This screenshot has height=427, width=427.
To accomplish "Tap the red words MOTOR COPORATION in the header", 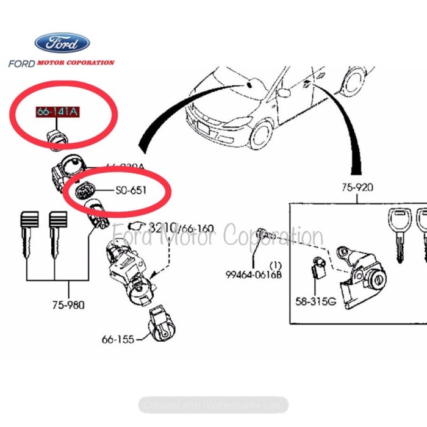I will coord(76,62).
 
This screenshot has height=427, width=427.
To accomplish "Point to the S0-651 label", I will coord(131,190).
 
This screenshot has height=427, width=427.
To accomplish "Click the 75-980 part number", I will coord(68,305).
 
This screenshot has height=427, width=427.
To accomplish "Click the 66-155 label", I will coord(117,339).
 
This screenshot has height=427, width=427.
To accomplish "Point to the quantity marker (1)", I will coord(276,265).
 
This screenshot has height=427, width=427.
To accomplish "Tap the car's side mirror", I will coord(284,93).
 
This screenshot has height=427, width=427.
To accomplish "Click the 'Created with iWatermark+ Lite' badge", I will coord(213,404).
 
